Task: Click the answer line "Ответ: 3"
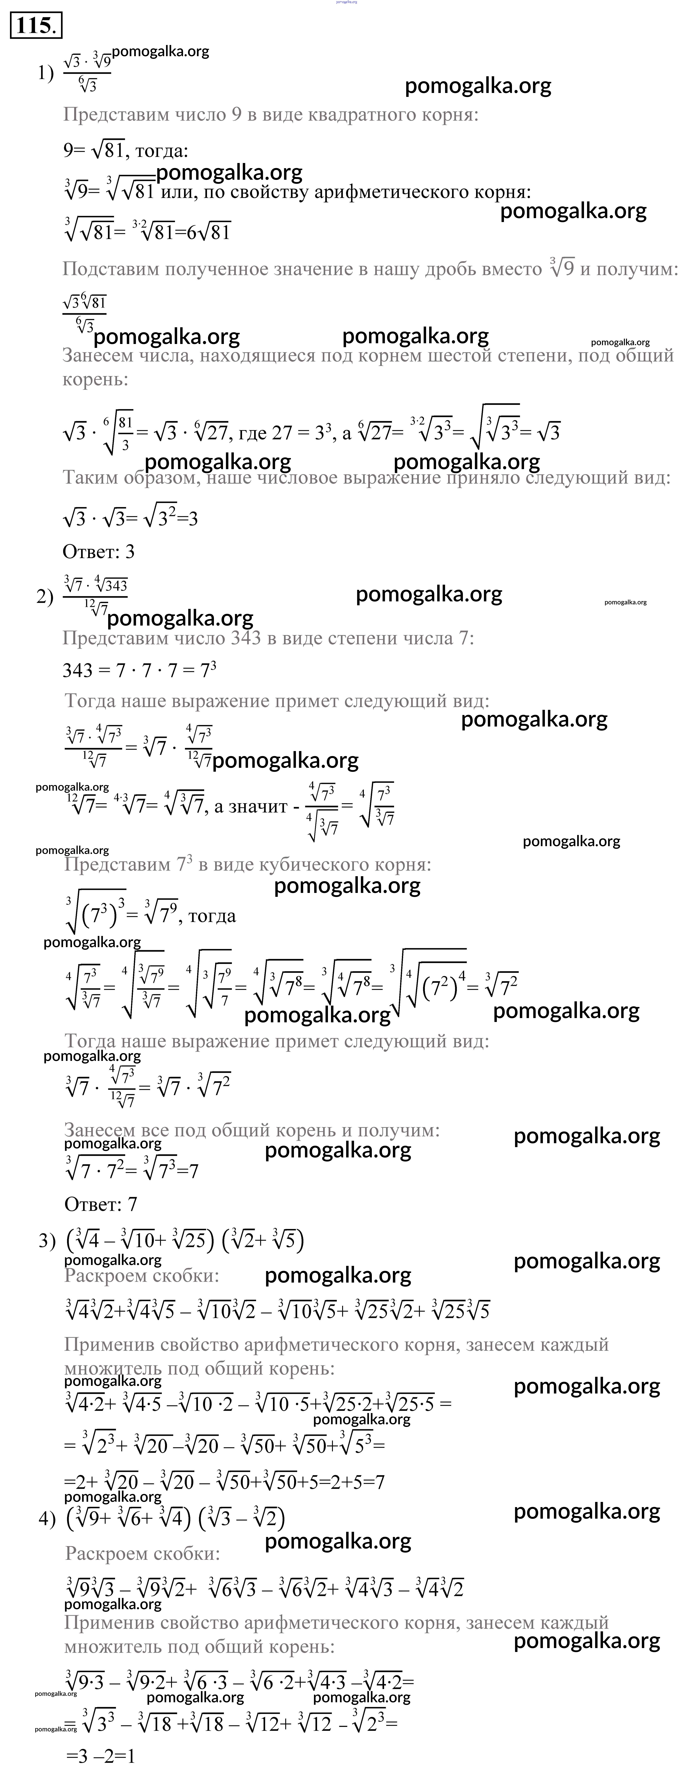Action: tap(98, 552)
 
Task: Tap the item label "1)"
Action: tap(45, 73)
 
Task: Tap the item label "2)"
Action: tap(45, 597)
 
